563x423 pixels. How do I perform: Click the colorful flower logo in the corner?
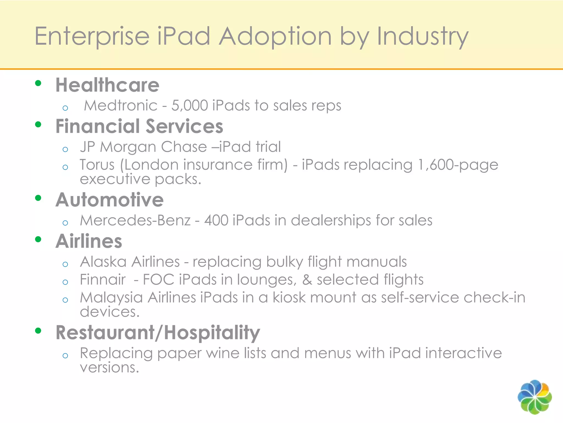tap(534, 397)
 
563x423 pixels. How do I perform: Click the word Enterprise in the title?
tap(92, 37)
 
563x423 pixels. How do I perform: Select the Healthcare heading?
tap(107, 85)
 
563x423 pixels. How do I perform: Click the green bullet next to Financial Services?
tap(38, 124)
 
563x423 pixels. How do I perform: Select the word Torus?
tap(97, 165)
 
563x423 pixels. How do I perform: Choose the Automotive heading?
tap(109, 200)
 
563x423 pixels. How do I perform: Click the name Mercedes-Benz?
tap(135, 221)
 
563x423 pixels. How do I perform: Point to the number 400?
tap(216, 221)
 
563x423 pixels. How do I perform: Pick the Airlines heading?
tap(89, 241)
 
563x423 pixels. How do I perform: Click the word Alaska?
tap(103, 262)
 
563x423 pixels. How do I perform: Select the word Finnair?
tap(103, 280)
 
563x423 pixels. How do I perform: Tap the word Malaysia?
tap(111, 298)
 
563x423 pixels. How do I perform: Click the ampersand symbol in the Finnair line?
tap(307, 280)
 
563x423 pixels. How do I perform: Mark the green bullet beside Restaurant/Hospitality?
tap(38, 331)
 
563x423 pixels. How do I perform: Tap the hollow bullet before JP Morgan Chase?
tap(65, 150)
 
